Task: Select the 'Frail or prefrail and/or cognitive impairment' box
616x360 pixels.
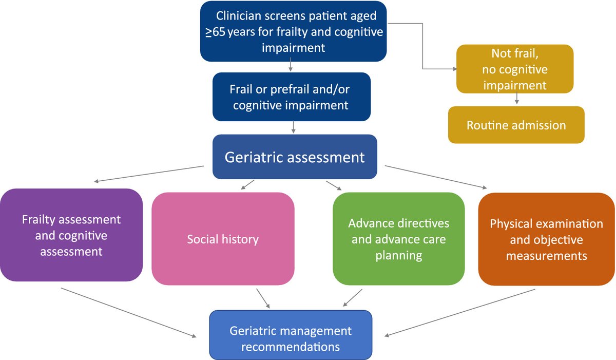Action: (x=291, y=97)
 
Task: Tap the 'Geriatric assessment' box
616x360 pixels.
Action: (x=295, y=157)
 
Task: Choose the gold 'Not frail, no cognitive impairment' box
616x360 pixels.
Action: (x=514, y=69)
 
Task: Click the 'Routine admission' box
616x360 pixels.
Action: (x=516, y=125)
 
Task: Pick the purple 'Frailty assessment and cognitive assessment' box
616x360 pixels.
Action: (x=71, y=235)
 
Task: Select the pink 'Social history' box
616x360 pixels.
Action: (x=223, y=239)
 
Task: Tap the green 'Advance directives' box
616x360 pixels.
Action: (x=398, y=239)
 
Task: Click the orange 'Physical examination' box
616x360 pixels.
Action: (x=546, y=239)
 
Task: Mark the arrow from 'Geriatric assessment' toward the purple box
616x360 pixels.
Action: (x=149, y=174)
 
